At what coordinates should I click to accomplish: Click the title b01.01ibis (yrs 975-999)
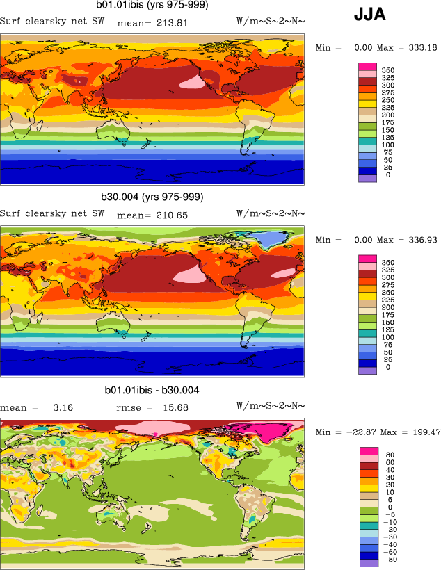(x=152, y=6)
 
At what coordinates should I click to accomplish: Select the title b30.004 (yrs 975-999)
(x=152, y=197)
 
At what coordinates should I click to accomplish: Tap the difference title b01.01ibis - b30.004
(x=152, y=391)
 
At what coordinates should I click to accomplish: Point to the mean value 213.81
(x=170, y=22)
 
